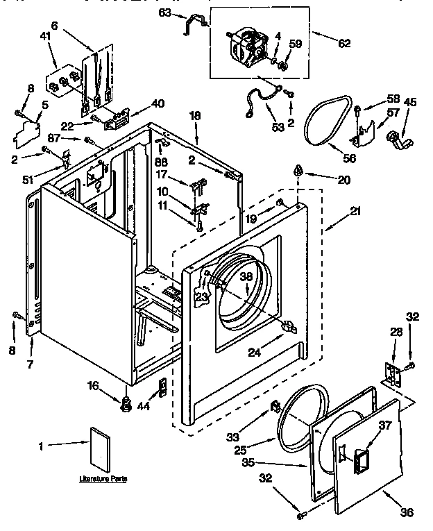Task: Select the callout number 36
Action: point(407,513)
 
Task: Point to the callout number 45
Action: point(411,102)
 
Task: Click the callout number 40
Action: point(158,103)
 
